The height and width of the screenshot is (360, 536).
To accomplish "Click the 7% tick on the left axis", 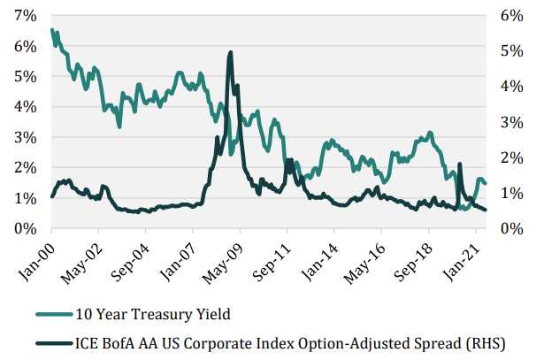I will [x=24, y=15].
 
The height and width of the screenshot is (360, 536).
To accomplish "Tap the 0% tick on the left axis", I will [x=24, y=229].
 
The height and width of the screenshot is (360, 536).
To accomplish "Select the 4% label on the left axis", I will [x=24, y=107].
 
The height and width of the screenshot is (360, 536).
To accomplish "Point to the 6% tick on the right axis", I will [x=509, y=15].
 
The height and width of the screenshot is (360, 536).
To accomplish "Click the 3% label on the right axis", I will [x=509, y=122].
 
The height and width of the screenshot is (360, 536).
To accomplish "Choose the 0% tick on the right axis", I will [x=509, y=229].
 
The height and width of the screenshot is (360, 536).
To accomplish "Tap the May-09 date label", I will [x=224, y=257].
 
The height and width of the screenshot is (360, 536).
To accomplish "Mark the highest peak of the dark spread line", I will [x=230, y=52].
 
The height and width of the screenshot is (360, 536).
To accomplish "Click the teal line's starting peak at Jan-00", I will [x=52, y=30].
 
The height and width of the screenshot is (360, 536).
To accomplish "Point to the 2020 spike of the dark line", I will [x=460, y=164].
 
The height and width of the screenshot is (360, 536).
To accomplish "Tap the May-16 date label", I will [x=364, y=257].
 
